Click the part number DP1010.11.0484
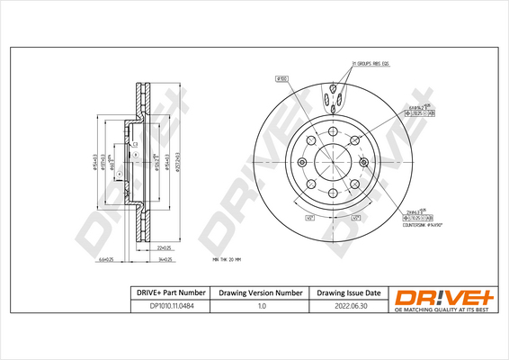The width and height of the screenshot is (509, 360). click(166, 308)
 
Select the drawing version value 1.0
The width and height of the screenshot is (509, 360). click(262, 308)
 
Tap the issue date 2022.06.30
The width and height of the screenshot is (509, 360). click(348, 308)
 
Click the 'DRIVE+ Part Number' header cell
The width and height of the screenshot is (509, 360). click(166, 293)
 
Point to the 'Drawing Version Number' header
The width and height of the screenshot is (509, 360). click(262, 293)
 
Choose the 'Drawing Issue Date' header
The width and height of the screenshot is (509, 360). click(348, 293)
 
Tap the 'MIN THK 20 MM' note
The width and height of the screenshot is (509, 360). click(228, 258)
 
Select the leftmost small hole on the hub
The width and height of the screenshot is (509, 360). click(299, 163)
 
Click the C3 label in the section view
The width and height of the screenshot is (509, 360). click(134, 144)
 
